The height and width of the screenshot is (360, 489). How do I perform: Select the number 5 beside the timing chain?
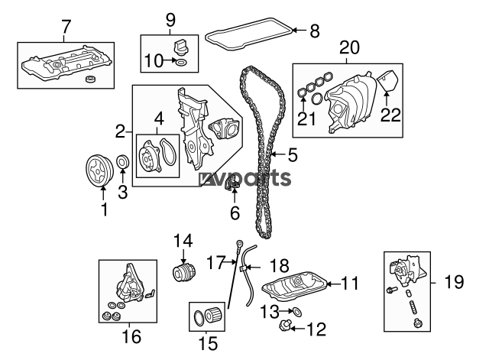(293, 155)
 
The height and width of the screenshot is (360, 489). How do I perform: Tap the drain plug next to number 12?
(283, 328)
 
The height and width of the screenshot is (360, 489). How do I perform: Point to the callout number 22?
(390, 115)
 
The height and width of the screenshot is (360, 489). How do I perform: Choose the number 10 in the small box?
(155, 60)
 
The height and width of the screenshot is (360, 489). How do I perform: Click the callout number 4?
(159, 118)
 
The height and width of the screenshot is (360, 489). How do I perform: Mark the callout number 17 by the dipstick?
(215, 262)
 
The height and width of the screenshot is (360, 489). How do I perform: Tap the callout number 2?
(121, 131)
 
